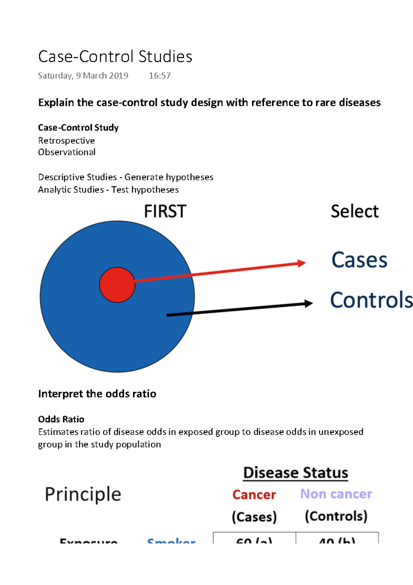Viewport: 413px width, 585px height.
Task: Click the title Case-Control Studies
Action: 115,57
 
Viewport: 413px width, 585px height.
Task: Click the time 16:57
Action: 159,76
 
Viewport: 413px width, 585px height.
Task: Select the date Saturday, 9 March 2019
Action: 83,76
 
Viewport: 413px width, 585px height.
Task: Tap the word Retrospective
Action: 66,141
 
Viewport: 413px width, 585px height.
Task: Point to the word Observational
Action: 67,152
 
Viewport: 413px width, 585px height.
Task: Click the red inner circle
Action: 117,285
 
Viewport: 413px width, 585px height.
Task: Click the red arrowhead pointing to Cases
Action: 301,263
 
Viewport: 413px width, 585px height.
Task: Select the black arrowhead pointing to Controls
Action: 308,304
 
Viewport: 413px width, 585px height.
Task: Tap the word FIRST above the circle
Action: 165,211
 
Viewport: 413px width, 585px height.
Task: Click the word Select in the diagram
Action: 354,211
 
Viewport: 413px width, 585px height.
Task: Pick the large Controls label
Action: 371,300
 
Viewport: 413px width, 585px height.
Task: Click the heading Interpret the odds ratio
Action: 97,394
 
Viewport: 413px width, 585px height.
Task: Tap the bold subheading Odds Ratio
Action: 61,419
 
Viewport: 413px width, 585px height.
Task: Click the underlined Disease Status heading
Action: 296,473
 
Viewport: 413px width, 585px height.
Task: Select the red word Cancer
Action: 254,495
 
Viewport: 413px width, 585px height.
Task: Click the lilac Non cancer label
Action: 336,494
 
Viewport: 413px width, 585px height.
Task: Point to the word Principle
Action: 83,494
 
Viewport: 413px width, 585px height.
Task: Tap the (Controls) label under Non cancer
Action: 336,516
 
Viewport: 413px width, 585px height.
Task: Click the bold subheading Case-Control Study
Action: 78,128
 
